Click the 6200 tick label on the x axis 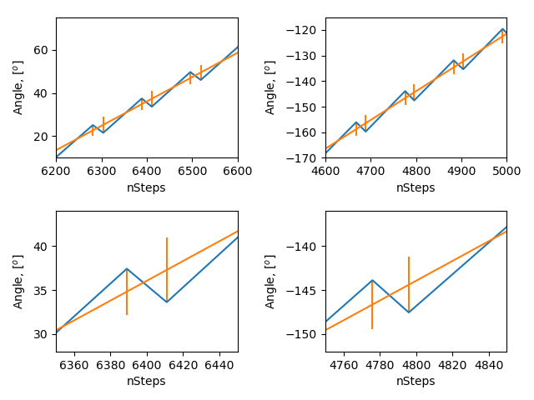pyautogui.click(x=56, y=171)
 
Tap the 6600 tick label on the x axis pyautogui.click(x=238, y=171)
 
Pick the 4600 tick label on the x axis pyautogui.click(x=325, y=171)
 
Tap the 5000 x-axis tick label pyautogui.click(x=506, y=171)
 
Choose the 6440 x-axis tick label pyautogui.click(x=219, y=364)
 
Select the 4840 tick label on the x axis pyautogui.click(x=489, y=364)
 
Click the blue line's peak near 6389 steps pyautogui.click(x=127, y=268)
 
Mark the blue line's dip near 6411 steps pyautogui.click(x=167, y=302)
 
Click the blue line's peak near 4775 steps pyautogui.click(x=372, y=280)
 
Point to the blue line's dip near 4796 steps pyautogui.click(x=409, y=312)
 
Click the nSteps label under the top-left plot pyautogui.click(x=146, y=187)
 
